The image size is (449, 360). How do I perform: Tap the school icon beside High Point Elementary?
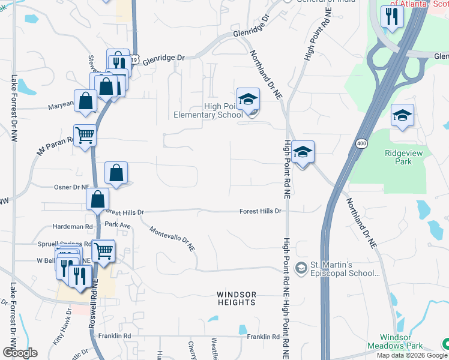click(248, 99)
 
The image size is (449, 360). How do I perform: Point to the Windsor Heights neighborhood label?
click(237, 298)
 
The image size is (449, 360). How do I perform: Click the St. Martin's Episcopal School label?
click(345, 268)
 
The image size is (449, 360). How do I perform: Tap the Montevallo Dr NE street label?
click(173, 239)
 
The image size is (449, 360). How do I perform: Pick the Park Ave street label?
click(118, 224)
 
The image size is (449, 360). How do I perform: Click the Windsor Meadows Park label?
click(403, 342)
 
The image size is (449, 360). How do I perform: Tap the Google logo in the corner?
click(20, 353)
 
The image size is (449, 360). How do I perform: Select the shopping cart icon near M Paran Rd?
click(85, 136)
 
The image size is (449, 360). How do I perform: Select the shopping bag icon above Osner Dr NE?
click(116, 173)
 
